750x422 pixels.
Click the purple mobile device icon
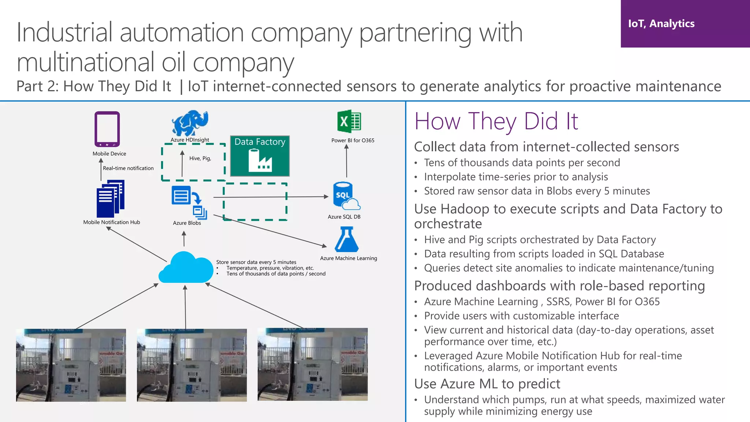[x=107, y=129]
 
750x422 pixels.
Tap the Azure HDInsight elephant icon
[x=190, y=123]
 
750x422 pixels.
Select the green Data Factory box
[x=260, y=156]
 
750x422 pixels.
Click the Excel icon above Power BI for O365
[x=349, y=121]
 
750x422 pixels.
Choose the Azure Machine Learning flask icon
[x=346, y=240]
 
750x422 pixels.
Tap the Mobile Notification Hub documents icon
[x=110, y=199]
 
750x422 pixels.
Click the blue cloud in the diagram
[x=186, y=268]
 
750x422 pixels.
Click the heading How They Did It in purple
[x=496, y=121]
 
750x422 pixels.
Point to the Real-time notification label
[x=128, y=168]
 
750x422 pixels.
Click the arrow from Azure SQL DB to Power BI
[x=346, y=161]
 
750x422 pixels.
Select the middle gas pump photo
[x=192, y=365]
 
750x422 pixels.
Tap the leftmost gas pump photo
[x=71, y=365]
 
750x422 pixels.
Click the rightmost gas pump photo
[x=312, y=364]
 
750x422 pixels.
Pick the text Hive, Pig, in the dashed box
[x=200, y=158]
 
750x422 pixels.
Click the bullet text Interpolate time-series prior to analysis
[x=516, y=177]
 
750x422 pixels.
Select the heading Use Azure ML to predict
[x=487, y=384]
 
